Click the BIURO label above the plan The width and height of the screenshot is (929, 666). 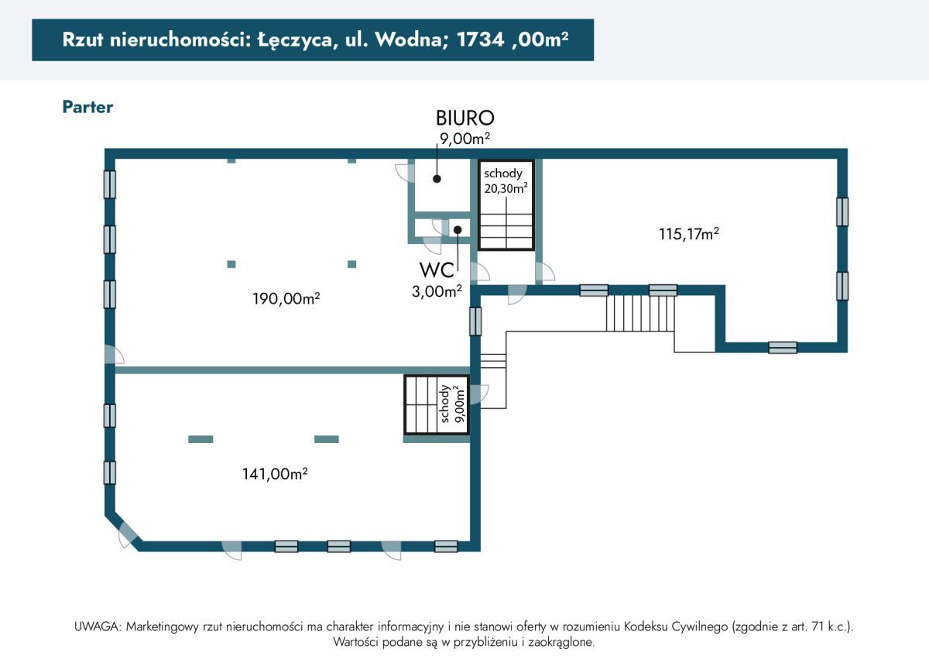tap(464, 118)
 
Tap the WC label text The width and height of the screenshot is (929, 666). tap(436, 270)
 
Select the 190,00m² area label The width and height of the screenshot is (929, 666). tap(286, 298)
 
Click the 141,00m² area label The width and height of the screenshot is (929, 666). tap(275, 474)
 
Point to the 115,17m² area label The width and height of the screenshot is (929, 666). tap(689, 233)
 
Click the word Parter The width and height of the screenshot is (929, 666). tap(87, 107)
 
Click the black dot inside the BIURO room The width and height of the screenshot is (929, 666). tap(437, 178)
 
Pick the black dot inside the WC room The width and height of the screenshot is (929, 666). tap(458, 229)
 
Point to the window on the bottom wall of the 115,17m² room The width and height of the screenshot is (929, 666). tap(782, 348)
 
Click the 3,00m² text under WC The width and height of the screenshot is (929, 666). tap(437, 291)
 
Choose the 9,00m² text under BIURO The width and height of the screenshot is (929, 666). tap(464, 137)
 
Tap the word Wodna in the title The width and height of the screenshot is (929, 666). tap(402, 40)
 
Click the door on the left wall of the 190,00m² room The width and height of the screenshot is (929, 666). tap(114, 355)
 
